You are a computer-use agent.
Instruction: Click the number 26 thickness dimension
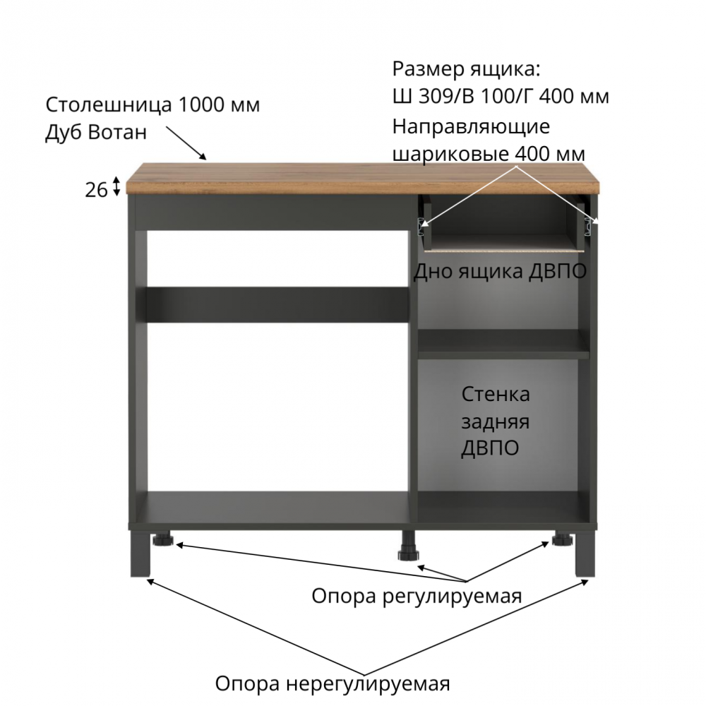[x=96, y=190]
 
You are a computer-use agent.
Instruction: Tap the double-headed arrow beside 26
[x=116, y=186]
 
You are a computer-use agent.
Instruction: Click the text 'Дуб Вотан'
[x=96, y=133]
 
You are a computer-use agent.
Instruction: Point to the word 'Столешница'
[x=109, y=105]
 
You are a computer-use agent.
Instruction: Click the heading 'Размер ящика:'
[x=466, y=70]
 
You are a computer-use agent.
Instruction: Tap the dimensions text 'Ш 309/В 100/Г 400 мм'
[x=501, y=96]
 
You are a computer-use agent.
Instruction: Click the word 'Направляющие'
[x=471, y=127]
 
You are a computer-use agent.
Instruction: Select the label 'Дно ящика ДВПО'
[x=500, y=271]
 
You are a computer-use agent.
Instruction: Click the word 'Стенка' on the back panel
[x=496, y=395]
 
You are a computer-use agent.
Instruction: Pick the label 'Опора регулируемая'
[x=417, y=596]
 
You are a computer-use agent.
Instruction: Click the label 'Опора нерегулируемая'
[x=333, y=683]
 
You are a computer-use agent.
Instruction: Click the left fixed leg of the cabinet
[x=140, y=553]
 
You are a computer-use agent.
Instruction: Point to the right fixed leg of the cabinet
[x=585, y=553]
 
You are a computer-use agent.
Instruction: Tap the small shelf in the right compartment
[x=503, y=344]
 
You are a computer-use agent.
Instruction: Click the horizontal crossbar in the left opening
[x=277, y=305]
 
